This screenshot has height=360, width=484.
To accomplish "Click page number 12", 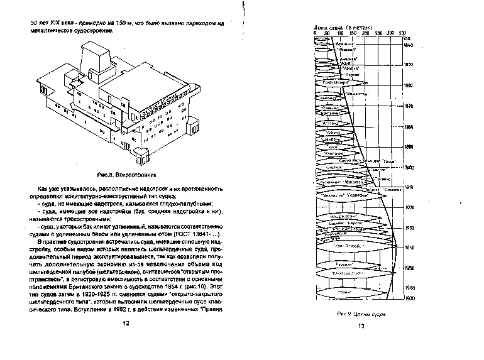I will coord(125,323).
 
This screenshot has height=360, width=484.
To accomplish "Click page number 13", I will coord(361,325).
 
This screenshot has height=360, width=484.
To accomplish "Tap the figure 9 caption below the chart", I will coord(361,312).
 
